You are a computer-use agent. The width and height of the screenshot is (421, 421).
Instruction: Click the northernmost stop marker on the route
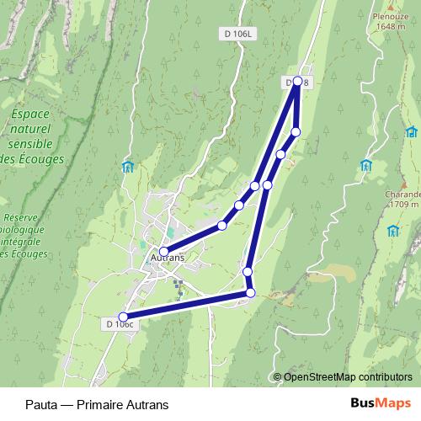point(297,82)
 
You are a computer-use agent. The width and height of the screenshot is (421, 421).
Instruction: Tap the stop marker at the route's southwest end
point(124,317)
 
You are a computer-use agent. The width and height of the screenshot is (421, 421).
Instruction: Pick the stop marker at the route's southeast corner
point(250,292)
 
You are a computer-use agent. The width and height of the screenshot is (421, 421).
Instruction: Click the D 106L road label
point(239,34)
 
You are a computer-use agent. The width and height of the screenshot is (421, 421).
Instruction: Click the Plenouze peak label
point(391,16)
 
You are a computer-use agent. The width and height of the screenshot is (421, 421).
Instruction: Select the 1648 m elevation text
point(391,26)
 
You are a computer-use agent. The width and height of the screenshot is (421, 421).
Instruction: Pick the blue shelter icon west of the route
point(128,166)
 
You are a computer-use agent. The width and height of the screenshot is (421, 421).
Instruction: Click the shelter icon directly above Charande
point(366,165)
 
